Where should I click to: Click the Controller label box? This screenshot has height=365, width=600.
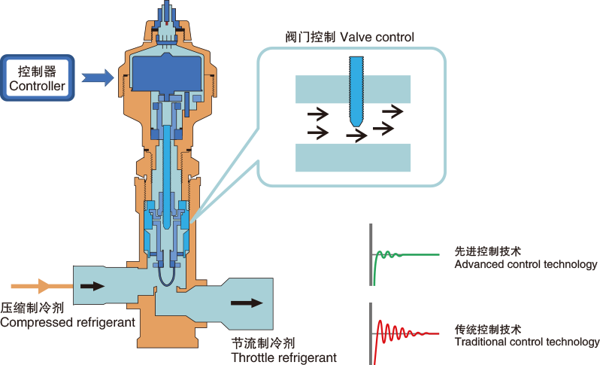point(38,78)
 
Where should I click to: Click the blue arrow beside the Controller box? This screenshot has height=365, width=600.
point(98,78)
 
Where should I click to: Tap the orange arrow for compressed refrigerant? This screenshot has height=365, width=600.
point(42,286)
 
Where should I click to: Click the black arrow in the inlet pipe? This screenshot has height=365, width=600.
point(92,286)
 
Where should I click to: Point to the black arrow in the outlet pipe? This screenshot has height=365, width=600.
point(247,303)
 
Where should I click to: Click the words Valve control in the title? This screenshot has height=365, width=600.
point(377,37)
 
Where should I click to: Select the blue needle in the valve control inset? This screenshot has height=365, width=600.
point(356,92)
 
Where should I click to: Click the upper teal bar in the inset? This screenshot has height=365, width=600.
point(353,90)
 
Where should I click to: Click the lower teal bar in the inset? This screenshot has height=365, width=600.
point(353,157)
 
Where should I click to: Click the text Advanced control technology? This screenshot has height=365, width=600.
point(526,264)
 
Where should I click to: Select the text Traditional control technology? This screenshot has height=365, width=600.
point(527,342)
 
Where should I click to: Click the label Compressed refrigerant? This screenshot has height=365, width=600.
point(68,323)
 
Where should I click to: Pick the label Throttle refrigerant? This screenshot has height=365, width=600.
point(284,357)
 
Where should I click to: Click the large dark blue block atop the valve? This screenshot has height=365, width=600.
point(166,73)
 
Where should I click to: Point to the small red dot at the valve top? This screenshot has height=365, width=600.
point(167,23)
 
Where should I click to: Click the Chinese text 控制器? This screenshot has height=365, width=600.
point(37,71)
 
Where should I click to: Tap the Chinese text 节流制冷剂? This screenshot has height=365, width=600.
point(263,343)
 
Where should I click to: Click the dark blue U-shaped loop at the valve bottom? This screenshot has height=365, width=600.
point(166,284)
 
